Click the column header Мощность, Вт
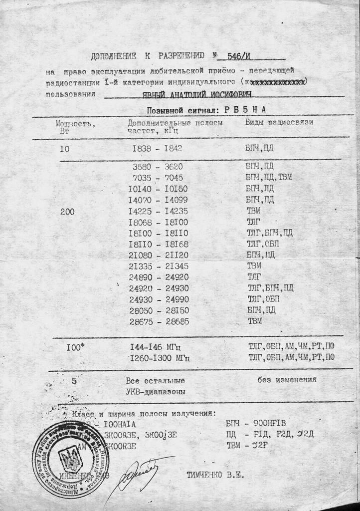pyautogui.click(x=75, y=127)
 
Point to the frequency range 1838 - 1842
pyautogui.click(x=157, y=148)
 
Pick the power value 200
pyautogui.click(x=67, y=212)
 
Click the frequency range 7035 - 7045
pyautogui.click(x=158, y=177)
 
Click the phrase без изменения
pyautogui.click(x=287, y=380)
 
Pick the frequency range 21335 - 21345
pyautogui.click(x=158, y=266)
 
